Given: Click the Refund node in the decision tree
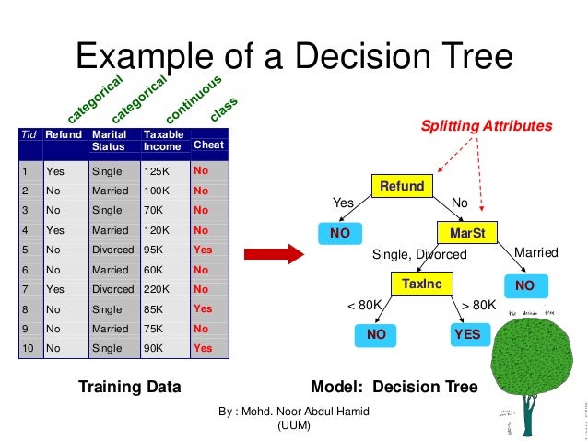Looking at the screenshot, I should click(x=402, y=186).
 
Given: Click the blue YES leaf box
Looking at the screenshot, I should click(x=467, y=334).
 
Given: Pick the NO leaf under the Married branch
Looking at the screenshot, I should click(x=524, y=285).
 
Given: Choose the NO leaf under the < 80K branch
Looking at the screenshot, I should click(x=376, y=334).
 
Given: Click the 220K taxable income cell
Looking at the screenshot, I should click(x=159, y=289).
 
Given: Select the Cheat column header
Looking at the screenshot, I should click(x=208, y=145).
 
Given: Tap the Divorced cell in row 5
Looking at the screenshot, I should click(x=112, y=250).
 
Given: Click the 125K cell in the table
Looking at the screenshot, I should click(x=159, y=170).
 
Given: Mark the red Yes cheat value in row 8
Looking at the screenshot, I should click(x=203, y=309).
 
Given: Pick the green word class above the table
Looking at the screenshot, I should click(x=223, y=109).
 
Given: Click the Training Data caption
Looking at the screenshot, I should click(x=129, y=387).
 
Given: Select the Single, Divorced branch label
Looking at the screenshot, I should click(x=412, y=254).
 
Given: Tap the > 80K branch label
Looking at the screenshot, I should click(x=478, y=305).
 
